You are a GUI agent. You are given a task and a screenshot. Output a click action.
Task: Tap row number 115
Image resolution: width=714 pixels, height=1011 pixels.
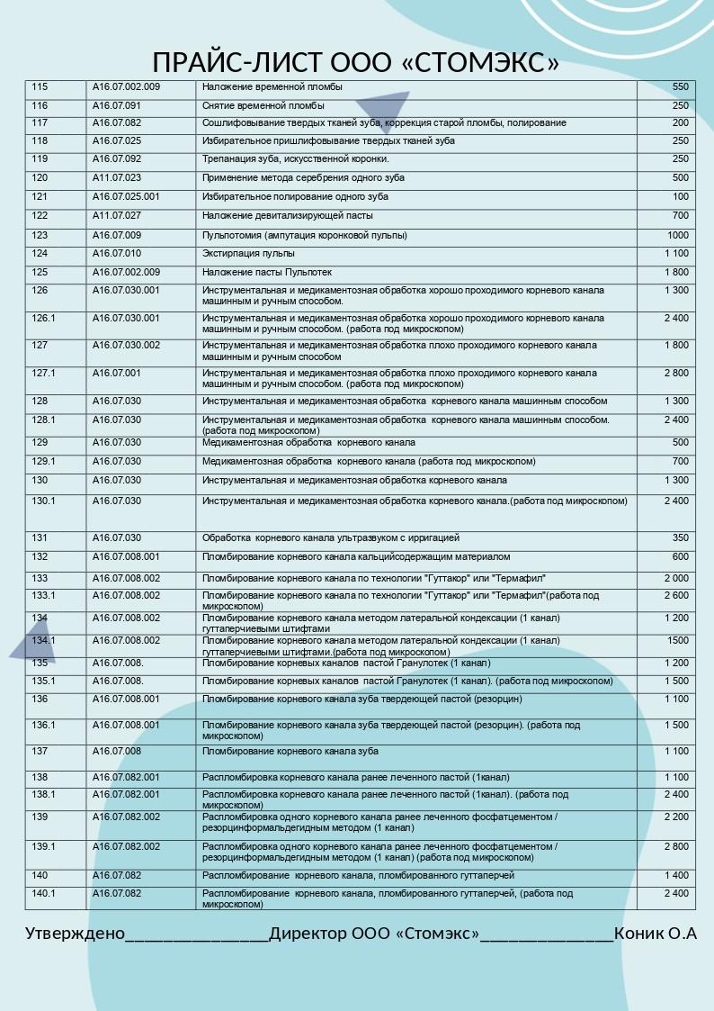40,87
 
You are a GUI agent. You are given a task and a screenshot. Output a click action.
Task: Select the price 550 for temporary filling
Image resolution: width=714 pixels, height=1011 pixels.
680,87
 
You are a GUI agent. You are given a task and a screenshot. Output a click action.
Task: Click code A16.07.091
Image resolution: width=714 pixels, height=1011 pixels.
117,105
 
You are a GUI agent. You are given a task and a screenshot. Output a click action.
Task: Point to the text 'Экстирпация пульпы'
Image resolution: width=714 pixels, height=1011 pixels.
248,254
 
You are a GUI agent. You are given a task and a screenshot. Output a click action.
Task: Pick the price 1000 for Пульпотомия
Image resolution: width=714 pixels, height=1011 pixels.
677,235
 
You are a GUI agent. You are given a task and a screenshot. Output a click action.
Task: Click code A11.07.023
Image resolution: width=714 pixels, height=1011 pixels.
117,177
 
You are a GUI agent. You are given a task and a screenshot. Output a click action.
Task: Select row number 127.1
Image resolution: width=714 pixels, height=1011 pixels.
44,373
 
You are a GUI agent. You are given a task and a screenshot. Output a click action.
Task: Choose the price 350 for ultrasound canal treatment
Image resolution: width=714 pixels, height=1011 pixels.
680,537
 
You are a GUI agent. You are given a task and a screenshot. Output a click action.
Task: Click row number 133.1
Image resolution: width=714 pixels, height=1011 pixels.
44,595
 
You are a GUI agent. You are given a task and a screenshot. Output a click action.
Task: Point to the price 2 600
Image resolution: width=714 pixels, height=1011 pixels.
676,595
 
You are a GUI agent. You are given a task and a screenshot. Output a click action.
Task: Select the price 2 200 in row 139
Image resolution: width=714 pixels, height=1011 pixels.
676,817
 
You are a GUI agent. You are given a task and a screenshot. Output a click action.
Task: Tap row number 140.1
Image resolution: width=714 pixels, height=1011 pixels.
44,893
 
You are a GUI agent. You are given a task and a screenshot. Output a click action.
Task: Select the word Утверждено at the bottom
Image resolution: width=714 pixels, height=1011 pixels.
75,934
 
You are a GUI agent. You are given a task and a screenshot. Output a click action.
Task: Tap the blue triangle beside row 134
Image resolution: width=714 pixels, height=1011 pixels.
34,641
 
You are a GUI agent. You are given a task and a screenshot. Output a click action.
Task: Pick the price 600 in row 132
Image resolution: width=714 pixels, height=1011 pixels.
680,556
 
